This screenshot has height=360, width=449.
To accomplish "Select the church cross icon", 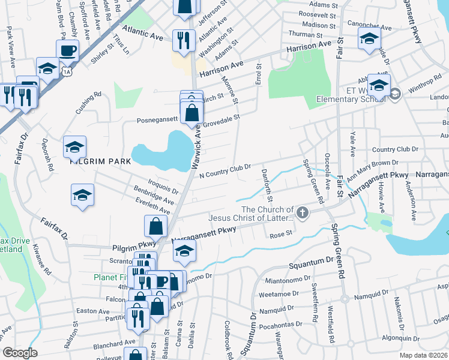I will click(303, 212).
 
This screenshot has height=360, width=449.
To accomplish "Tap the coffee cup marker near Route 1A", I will click(67, 50).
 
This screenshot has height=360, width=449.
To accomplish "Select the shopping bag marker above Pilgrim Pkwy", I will click(155, 226).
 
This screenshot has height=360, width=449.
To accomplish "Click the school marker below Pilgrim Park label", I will click(82, 194).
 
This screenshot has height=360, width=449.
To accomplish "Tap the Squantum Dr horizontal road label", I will click(310, 263).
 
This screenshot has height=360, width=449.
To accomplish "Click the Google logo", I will click(20, 353).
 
